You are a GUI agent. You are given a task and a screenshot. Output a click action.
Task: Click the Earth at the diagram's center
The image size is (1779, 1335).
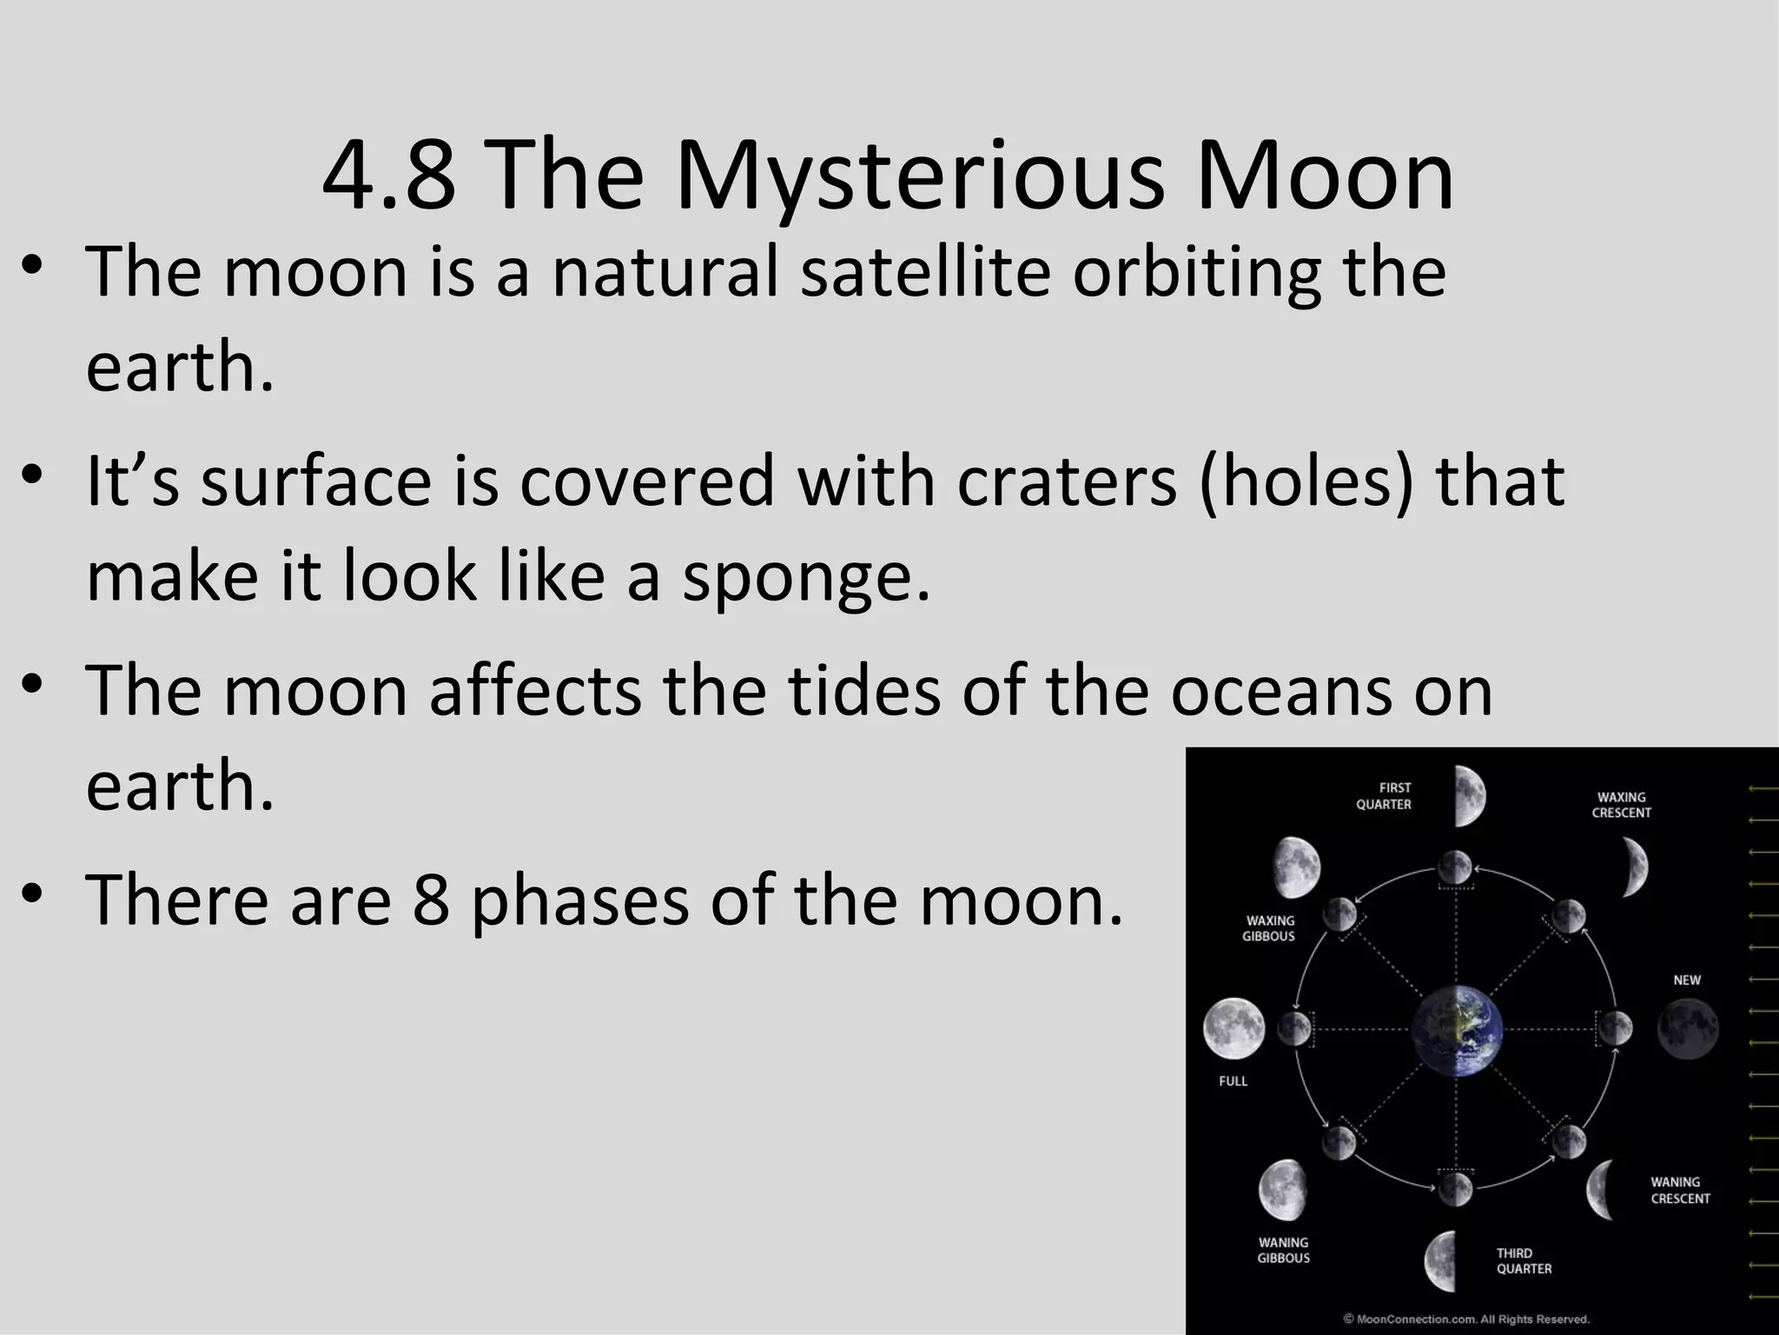pyautogui.click(x=1457, y=1031)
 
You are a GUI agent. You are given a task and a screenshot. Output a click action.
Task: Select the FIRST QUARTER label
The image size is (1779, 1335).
pyautogui.click(x=1384, y=796)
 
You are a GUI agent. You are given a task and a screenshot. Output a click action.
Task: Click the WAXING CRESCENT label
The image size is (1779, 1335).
pyautogui.click(x=1621, y=805)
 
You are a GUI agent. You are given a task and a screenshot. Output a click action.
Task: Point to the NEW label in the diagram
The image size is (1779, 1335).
pyautogui.click(x=1686, y=980)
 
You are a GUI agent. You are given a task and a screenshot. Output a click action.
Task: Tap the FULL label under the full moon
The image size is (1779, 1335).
pyautogui.click(x=1233, y=1081)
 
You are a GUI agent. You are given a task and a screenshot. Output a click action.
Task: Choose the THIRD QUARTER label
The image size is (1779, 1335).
pyautogui.click(x=1524, y=1261)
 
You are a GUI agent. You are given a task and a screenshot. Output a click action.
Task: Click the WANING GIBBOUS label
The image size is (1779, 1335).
pyautogui.click(x=1283, y=1250)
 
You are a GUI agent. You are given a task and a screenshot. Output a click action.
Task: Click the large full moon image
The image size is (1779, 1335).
pyautogui.click(x=1233, y=1028)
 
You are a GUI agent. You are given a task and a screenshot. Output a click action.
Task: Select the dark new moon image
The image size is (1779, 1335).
pyautogui.click(x=1687, y=1029)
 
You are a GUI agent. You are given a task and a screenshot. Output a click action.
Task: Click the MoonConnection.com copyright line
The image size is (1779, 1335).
pyautogui.click(x=1466, y=1319)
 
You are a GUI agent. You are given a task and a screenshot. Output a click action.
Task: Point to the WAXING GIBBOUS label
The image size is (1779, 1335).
pyautogui.click(x=1269, y=928)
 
